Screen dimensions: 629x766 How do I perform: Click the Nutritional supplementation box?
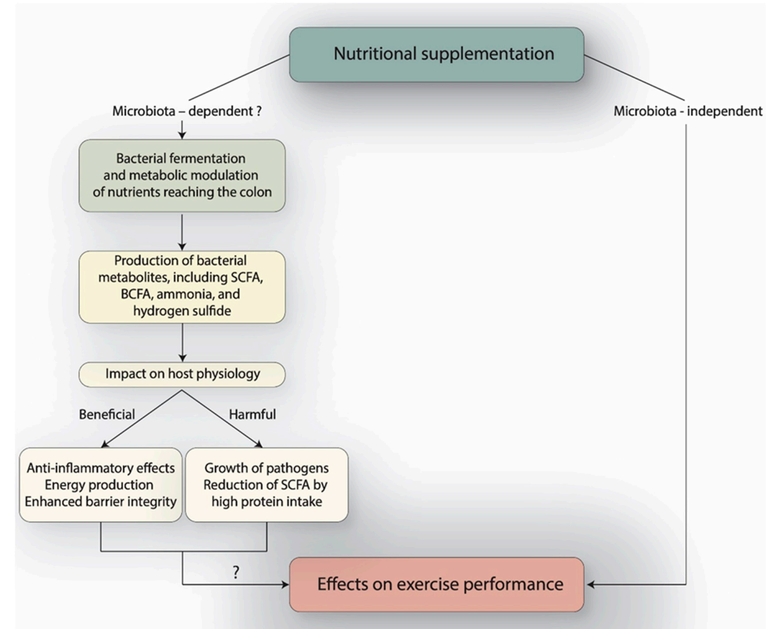(x=436, y=54)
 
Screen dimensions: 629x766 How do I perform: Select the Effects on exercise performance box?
(x=436, y=584)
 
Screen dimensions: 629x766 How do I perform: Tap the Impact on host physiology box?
(x=182, y=374)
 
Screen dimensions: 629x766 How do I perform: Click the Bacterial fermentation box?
(x=182, y=176)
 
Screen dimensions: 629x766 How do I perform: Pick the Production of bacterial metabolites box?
(x=182, y=286)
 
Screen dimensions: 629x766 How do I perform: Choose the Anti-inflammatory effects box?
(x=100, y=484)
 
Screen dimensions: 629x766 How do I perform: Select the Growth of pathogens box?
(x=266, y=484)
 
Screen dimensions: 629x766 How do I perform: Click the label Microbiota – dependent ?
(x=186, y=111)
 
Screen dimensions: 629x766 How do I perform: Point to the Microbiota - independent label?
(x=688, y=111)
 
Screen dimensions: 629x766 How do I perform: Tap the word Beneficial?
(x=107, y=415)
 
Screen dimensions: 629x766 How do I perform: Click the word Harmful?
(x=252, y=415)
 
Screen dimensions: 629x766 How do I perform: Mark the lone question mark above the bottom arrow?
(x=236, y=572)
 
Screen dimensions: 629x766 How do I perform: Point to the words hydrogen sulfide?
(x=182, y=311)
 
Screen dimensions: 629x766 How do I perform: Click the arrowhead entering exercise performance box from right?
(x=591, y=585)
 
